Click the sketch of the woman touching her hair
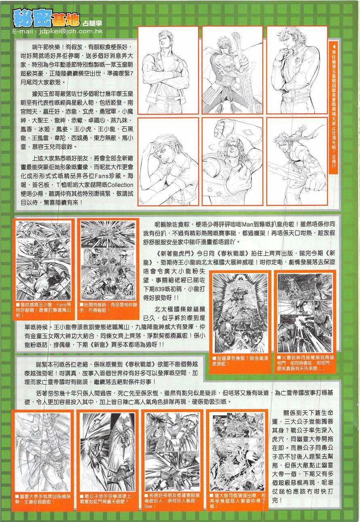coord(168,161)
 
